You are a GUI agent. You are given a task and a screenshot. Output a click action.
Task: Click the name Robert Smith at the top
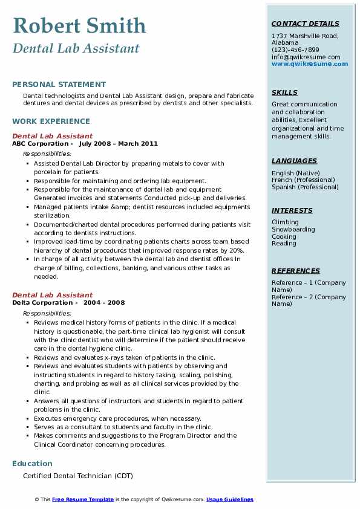[x=79, y=26]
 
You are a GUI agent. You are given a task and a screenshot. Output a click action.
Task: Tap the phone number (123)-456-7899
[x=295, y=50]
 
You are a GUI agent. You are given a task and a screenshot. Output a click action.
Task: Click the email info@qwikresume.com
[x=306, y=57]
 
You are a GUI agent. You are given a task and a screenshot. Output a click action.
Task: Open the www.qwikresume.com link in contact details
[x=310, y=63]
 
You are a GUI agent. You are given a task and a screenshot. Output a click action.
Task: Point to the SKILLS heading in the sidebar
[x=284, y=92]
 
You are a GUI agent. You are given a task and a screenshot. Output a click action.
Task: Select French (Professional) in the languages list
[x=303, y=180]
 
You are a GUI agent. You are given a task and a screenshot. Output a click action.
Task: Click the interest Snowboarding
[x=293, y=229]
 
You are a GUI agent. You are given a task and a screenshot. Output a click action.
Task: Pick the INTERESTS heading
[x=292, y=210]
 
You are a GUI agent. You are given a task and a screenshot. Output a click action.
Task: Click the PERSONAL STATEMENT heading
[x=59, y=85]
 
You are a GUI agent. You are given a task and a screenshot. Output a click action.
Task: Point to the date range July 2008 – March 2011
[x=119, y=144]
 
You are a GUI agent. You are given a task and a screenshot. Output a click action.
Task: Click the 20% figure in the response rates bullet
[x=238, y=250]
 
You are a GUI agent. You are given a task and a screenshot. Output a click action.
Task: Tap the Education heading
[x=32, y=464]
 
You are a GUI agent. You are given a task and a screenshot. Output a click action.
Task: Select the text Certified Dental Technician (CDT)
[x=78, y=476]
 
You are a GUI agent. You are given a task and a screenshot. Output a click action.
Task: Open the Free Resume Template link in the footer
[x=83, y=499]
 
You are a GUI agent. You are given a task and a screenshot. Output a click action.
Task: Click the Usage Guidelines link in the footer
[x=230, y=499]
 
